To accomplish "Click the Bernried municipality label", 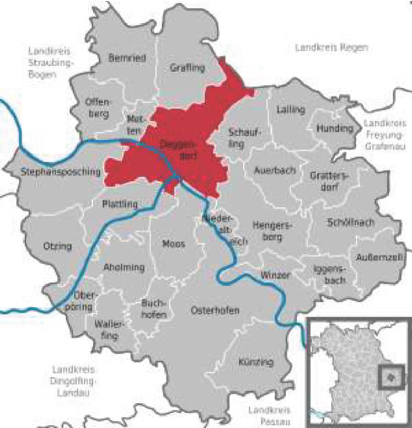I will pyautogui.click(x=127, y=58).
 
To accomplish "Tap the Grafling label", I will pyautogui.click(x=187, y=67).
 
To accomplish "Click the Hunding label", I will pyautogui.click(x=335, y=128).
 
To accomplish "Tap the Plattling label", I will pyautogui.click(x=120, y=204).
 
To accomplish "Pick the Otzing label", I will pyautogui.click(x=58, y=246).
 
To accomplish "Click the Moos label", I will pyautogui.click(x=173, y=243).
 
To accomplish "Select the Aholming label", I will pyautogui.click(x=124, y=267).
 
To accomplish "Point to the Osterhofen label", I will pyautogui.click(x=215, y=310).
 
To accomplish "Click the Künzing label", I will pyautogui.click(x=255, y=362).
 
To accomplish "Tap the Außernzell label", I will pyautogui.click(x=380, y=257).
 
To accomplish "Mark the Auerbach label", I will pyautogui.click(x=275, y=170).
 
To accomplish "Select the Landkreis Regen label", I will pyautogui.click(x=331, y=47).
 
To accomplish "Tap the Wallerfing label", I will pyautogui.click(x=109, y=330).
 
